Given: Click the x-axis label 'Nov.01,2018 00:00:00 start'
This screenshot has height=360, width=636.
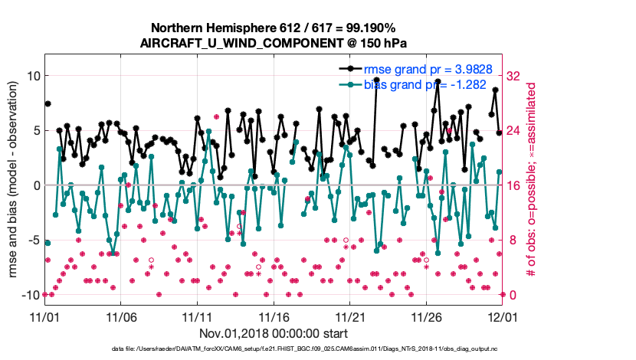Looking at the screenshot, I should coord(274,333).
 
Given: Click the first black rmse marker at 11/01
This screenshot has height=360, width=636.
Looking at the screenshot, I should coord(48,103).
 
